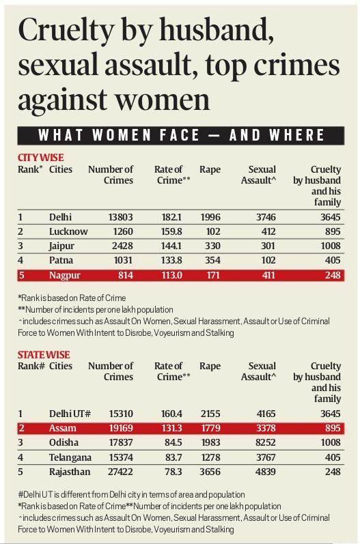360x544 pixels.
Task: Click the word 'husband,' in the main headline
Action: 217,30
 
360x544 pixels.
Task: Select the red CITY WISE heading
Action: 40,158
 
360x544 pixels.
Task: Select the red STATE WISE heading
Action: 44,354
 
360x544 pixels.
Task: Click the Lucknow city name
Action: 68,231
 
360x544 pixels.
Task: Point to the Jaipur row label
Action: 61,246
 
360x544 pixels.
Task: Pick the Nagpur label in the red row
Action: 65,275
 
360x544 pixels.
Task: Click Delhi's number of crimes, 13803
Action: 120,217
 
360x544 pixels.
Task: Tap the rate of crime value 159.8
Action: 171,231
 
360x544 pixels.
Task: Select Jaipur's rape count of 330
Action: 212,246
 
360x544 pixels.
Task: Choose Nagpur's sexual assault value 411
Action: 268,275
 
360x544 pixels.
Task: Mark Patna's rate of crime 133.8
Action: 171,261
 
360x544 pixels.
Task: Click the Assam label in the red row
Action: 62,428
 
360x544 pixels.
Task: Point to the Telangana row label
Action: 70,457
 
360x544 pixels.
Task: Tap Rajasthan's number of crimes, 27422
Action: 120,472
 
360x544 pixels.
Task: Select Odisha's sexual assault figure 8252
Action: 266,443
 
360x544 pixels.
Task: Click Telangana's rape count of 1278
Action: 210,457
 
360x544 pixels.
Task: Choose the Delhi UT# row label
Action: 70,414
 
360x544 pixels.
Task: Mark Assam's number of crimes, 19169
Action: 121,428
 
